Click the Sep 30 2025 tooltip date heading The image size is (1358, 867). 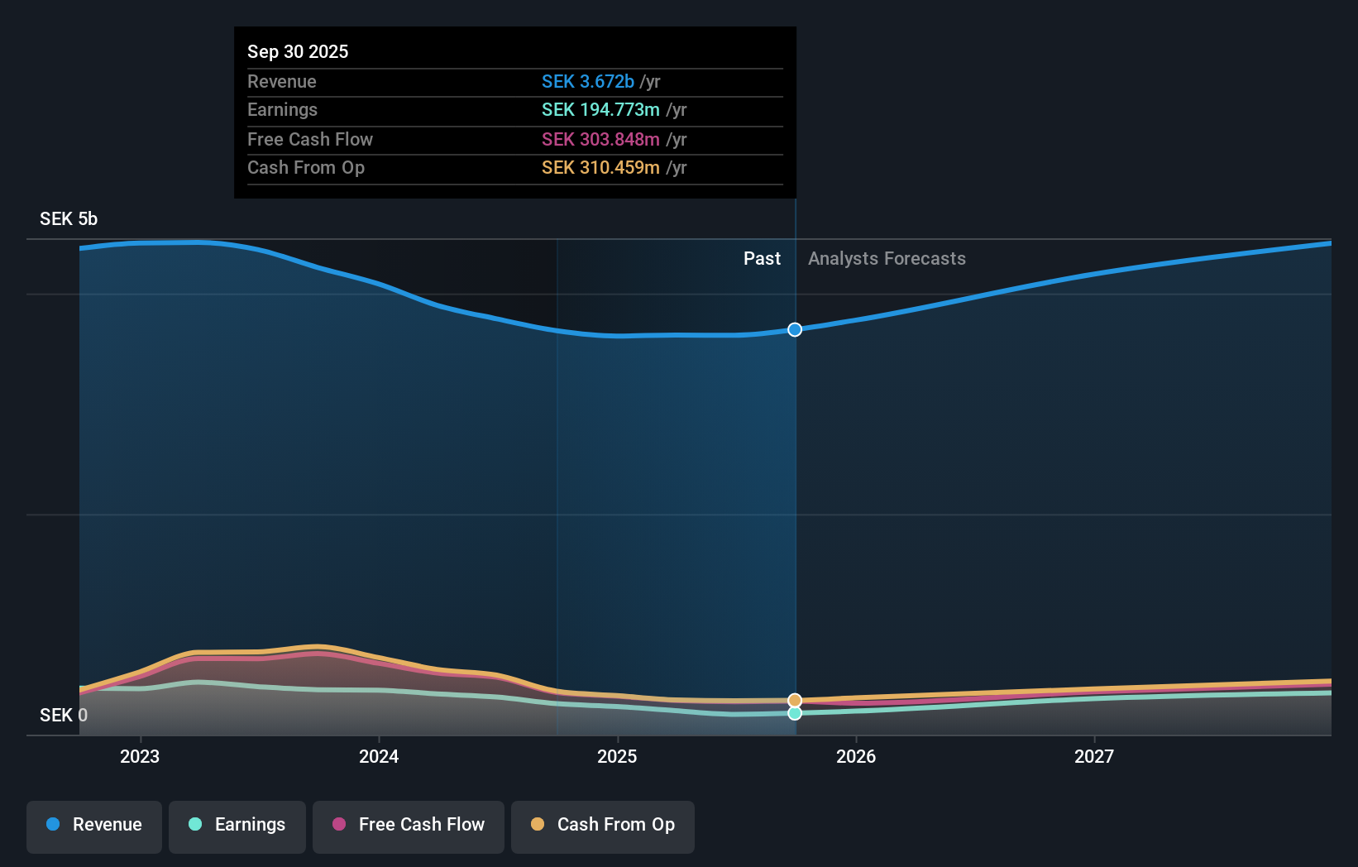tap(298, 51)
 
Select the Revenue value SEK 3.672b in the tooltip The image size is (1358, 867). tap(587, 81)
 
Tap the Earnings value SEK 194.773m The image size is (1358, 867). tap(600, 110)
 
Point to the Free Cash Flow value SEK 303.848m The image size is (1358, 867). tap(600, 139)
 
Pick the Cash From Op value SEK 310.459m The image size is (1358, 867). tap(600, 168)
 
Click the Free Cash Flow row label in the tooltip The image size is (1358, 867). tap(309, 139)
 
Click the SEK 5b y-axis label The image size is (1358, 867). tap(69, 219)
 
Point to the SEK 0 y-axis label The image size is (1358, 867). tap(63, 715)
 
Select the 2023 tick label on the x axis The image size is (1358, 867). tap(140, 756)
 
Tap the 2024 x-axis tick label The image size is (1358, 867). tap(379, 756)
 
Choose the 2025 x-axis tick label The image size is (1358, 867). tap(617, 756)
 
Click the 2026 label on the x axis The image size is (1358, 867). tap(855, 756)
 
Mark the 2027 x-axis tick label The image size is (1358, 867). tap(1093, 756)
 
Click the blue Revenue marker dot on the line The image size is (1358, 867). tap(795, 329)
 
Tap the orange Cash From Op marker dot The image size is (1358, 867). tap(795, 700)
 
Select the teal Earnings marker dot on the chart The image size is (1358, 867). tap(795, 713)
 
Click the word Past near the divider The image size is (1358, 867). tap(762, 259)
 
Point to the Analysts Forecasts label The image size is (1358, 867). tap(887, 259)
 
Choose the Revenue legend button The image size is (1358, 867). tap(94, 825)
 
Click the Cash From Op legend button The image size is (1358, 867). tap(603, 825)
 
